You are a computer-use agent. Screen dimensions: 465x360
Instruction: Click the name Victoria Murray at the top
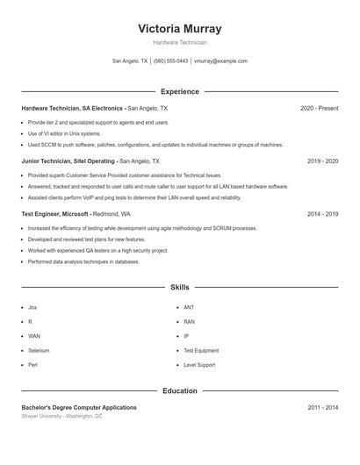pyautogui.click(x=179, y=28)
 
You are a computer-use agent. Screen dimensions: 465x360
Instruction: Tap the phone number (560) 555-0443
pyautogui.click(x=170, y=61)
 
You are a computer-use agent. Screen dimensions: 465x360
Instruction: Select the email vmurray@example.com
pyautogui.click(x=220, y=61)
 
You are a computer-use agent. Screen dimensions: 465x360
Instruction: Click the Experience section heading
pyautogui.click(x=179, y=91)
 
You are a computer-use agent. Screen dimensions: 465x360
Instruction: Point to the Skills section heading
pyautogui.click(x=179, y=287)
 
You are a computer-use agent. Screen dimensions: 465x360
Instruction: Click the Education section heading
pyautogui.click(x=179, y=390)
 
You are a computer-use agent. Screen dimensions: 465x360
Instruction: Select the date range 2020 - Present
pyautogui.click(x=319, y=109)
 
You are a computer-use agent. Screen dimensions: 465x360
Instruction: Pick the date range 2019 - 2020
pyautogui.click(x=322, y=161)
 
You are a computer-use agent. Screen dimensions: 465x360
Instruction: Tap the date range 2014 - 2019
pyautogui.click(x=322, y=213)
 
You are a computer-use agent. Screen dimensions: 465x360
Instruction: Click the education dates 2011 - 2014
pyautogui.click(x=322, y=407)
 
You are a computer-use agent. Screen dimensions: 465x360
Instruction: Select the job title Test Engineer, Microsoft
pyautogui.click(x=54, y=213)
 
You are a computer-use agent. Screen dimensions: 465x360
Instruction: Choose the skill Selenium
pyautogui.click(x=39, y=350)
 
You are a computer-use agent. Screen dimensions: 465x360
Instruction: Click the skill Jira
pyautogui.click(x=32, y=307)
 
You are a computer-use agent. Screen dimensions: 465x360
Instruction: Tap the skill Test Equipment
pyautogui.click(x=201, y=350)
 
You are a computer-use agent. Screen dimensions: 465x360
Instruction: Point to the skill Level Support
pyautogui.click(x=199, y=364)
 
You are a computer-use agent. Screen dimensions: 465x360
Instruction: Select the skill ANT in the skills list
pyautogui.click(x=189, y=307)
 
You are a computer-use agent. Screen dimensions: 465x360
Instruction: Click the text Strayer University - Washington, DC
pyautogui.click(x=61, y=416)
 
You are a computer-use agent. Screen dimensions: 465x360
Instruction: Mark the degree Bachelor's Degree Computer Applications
pyautogui.click(x=79, y=407)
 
